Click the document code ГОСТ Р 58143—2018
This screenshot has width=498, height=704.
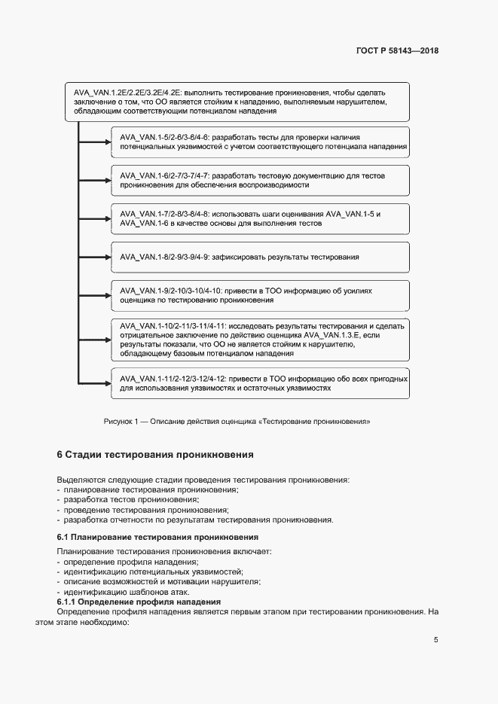tap(397, 51)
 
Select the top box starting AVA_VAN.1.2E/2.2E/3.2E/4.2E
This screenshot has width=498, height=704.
tap(237, 101)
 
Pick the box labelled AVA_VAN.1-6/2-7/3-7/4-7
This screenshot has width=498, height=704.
tap(260, 180)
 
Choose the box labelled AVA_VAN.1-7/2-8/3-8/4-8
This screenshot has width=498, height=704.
tap(260, 218)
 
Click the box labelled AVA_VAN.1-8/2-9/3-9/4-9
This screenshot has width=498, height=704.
tap(260, 257)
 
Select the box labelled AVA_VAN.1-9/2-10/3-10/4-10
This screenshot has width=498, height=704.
tap(260, 294)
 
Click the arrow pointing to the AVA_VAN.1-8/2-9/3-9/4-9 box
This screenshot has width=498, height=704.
tap(94, 257)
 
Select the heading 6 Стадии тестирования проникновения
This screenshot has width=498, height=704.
tap(155, 455)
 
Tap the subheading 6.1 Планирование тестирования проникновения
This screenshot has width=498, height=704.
tap(157, 537)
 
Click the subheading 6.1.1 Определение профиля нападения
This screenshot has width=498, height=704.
tap(139, 602)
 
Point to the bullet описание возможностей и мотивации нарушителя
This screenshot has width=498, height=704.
tap(161, 581)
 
